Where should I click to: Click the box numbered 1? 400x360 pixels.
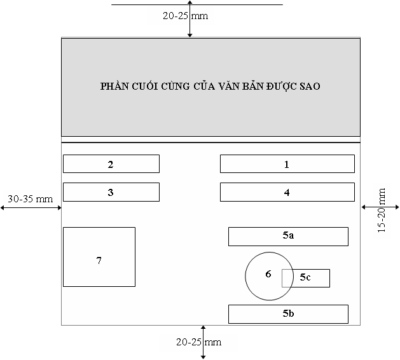(287, 164)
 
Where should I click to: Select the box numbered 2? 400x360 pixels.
(111, 164)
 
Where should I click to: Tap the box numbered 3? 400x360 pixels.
(111, 192)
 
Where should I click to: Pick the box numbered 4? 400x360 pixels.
(287, 192)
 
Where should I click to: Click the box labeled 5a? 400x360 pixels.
(288, 237)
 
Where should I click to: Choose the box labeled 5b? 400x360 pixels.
(288, 314)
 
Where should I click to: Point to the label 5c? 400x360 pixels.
(305, 277)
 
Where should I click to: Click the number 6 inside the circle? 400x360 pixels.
(268, 274)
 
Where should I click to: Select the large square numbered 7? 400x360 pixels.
(99, 257)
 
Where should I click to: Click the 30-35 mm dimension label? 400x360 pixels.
(30, 199)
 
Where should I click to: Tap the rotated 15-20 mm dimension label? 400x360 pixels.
(382, 210)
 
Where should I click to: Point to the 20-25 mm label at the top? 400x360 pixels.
(186, 16)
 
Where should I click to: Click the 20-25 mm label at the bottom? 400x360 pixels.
(198, 342)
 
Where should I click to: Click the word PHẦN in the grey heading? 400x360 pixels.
(114, 86)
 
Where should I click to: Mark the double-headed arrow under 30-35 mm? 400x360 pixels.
(31, 208)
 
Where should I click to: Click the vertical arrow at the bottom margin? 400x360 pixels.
(203, 342)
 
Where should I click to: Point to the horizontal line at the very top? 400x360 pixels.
(197, 4)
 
